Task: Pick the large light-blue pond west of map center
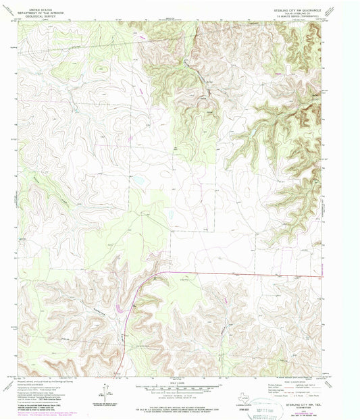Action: (x=138, y=180)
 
